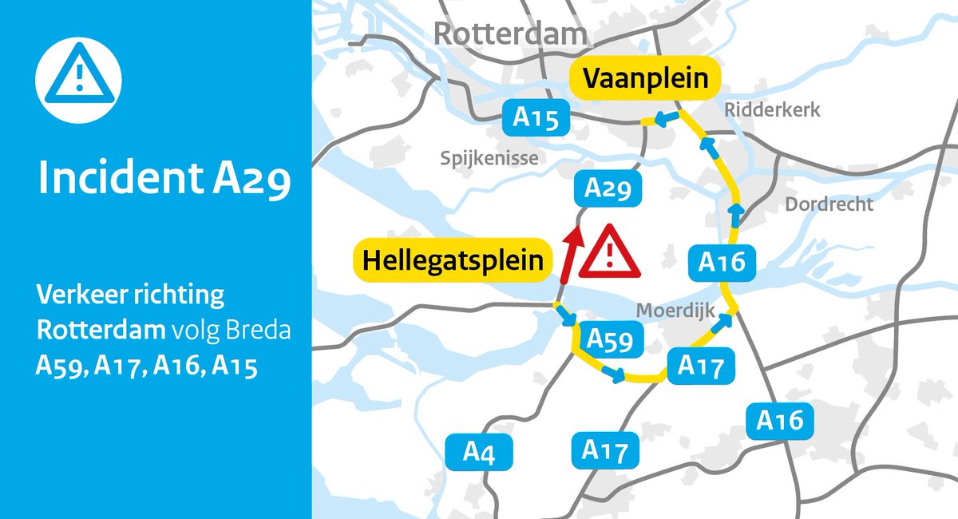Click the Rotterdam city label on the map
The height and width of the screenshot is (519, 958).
(x=510, y=34)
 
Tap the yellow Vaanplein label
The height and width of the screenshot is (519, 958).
(x=645, y=80)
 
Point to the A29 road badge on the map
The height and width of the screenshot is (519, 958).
(x=608, y=189)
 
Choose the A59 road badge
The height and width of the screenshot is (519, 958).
(x=610, y=339)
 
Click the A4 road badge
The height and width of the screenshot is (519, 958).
(x=479, y=454)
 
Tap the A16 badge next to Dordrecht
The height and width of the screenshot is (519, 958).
(x=722, y=262)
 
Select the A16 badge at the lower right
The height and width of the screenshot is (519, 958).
(x=780, y=420)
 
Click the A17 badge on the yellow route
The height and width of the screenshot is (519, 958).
(x=700, y=366)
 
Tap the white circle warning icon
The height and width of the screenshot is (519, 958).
(x=78, y=78)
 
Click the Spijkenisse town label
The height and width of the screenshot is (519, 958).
(x=489, y=159)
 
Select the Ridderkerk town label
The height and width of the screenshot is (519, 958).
(x=772, y=110)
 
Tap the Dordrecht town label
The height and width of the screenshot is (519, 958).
(x=829, y=204)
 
